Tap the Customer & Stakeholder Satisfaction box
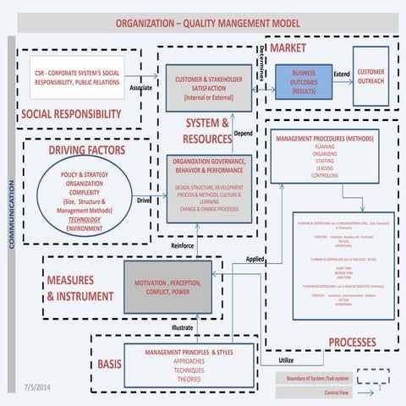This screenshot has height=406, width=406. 208,86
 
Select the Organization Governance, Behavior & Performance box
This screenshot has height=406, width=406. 208,187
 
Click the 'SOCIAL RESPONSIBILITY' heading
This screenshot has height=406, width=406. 67,113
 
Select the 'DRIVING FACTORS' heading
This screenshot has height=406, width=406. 87,151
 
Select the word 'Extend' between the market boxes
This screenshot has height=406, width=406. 341,74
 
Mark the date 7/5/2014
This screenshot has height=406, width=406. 39,386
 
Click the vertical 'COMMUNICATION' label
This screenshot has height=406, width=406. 11,211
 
